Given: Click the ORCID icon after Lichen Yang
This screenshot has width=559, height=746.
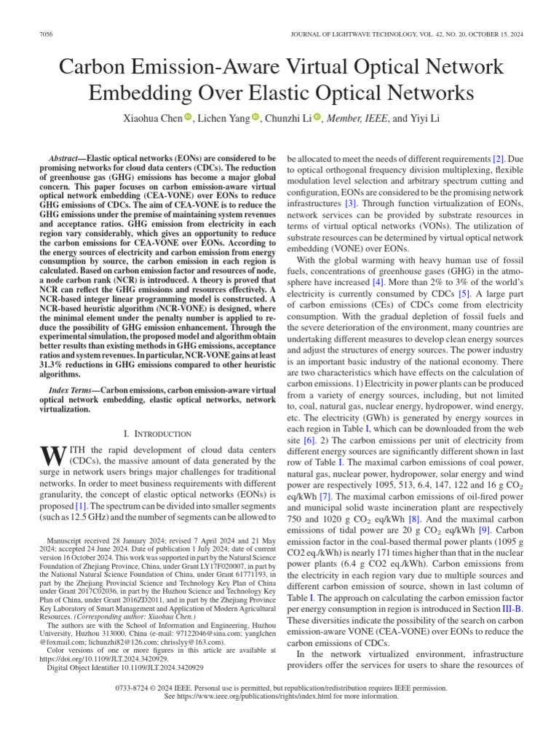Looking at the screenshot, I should tap(255, 117).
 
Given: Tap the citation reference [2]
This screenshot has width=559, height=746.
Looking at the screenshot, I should tap(498, 158).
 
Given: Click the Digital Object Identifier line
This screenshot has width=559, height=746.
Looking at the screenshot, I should tap(125, 667).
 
